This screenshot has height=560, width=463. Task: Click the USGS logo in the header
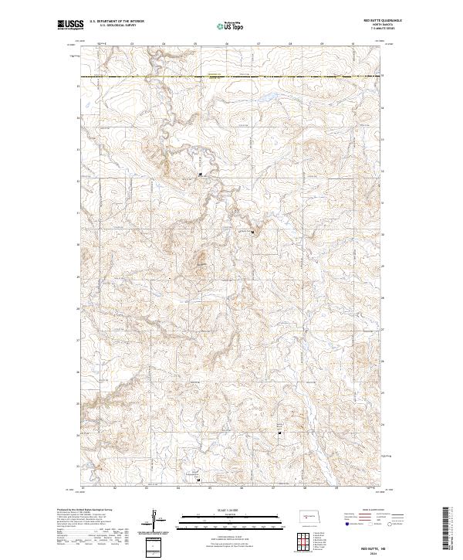click(x=71, y=25)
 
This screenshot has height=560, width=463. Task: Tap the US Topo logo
click(x=231, y=25)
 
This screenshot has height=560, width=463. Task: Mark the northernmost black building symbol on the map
click(x=201, y=174)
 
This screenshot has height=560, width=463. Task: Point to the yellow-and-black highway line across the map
click(x=231, y=77)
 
